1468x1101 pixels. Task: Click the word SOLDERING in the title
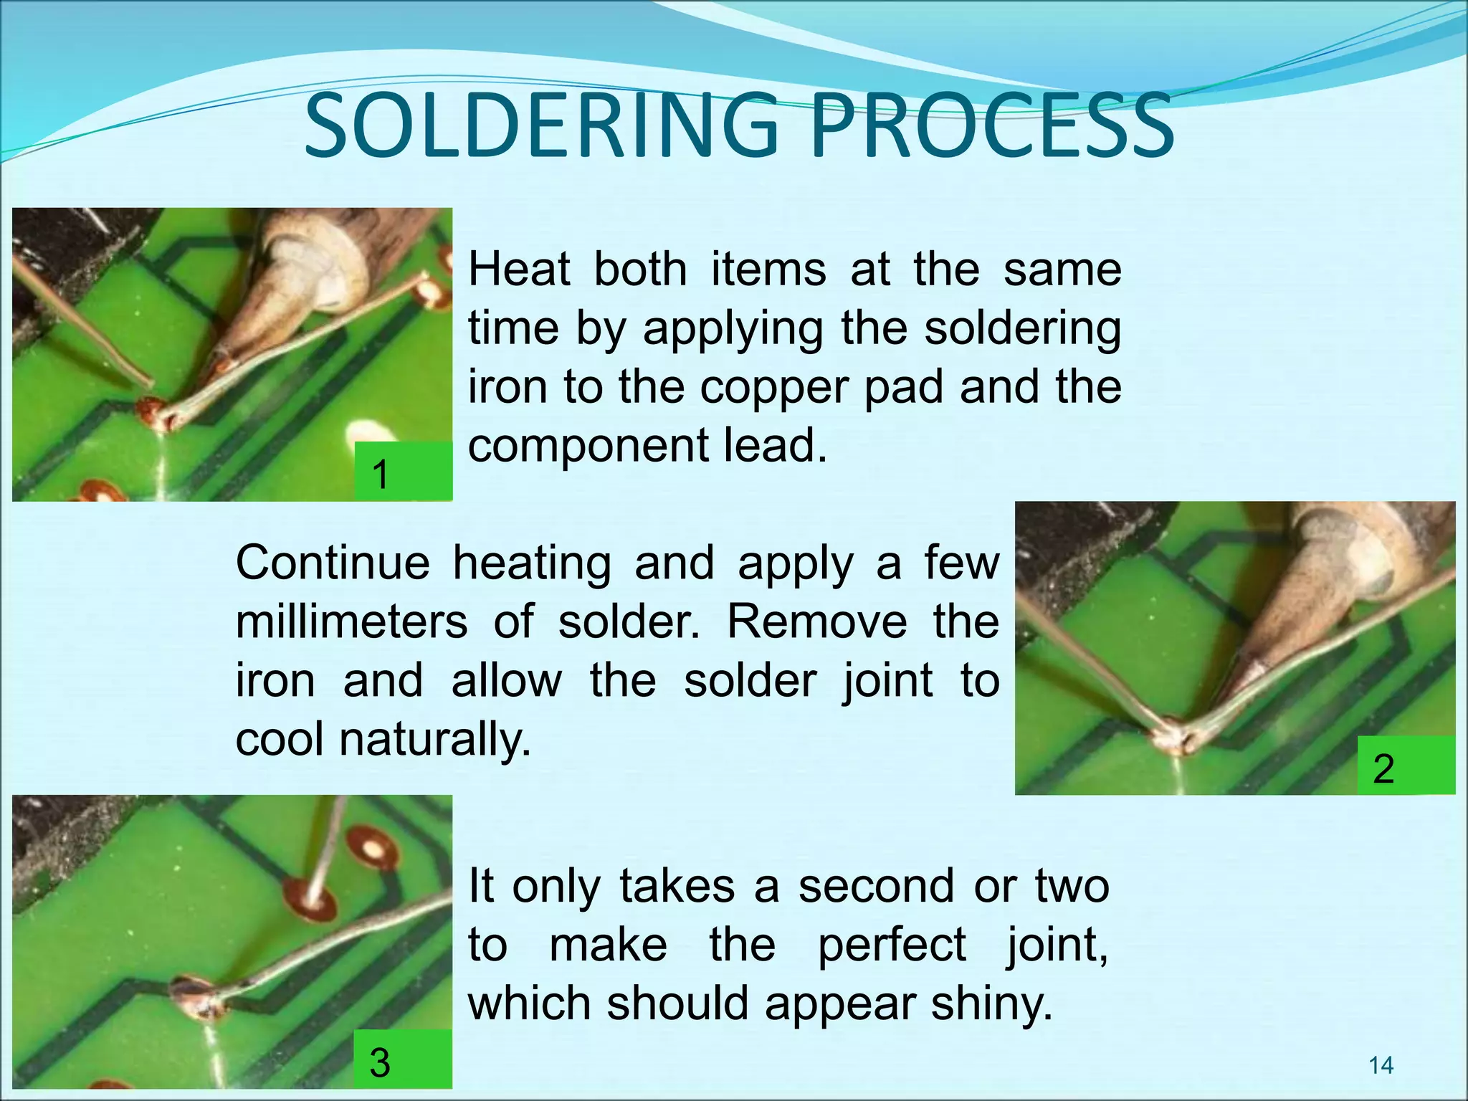[x=541, y=128]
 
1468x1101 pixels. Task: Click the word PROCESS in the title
[x=992, y=128]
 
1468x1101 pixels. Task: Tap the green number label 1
[x=404, y=472]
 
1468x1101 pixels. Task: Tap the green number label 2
[x=1405, y=766]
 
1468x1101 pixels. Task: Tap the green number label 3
[x=404, y=1060]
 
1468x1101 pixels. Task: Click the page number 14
[x=1381, y=1066]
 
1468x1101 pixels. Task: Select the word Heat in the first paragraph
[x=519, y=270]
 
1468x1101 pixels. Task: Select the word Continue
[x=333, y=563]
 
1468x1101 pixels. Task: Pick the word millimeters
[x=352, y=621]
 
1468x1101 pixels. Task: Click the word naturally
[x=435, y=739]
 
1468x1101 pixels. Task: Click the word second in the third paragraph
[x=874, y=887]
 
